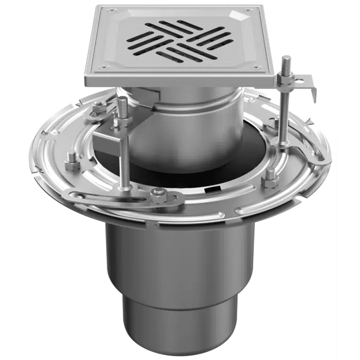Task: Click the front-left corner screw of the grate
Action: coord(102,68)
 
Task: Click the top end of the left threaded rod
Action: coord(122,100)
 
